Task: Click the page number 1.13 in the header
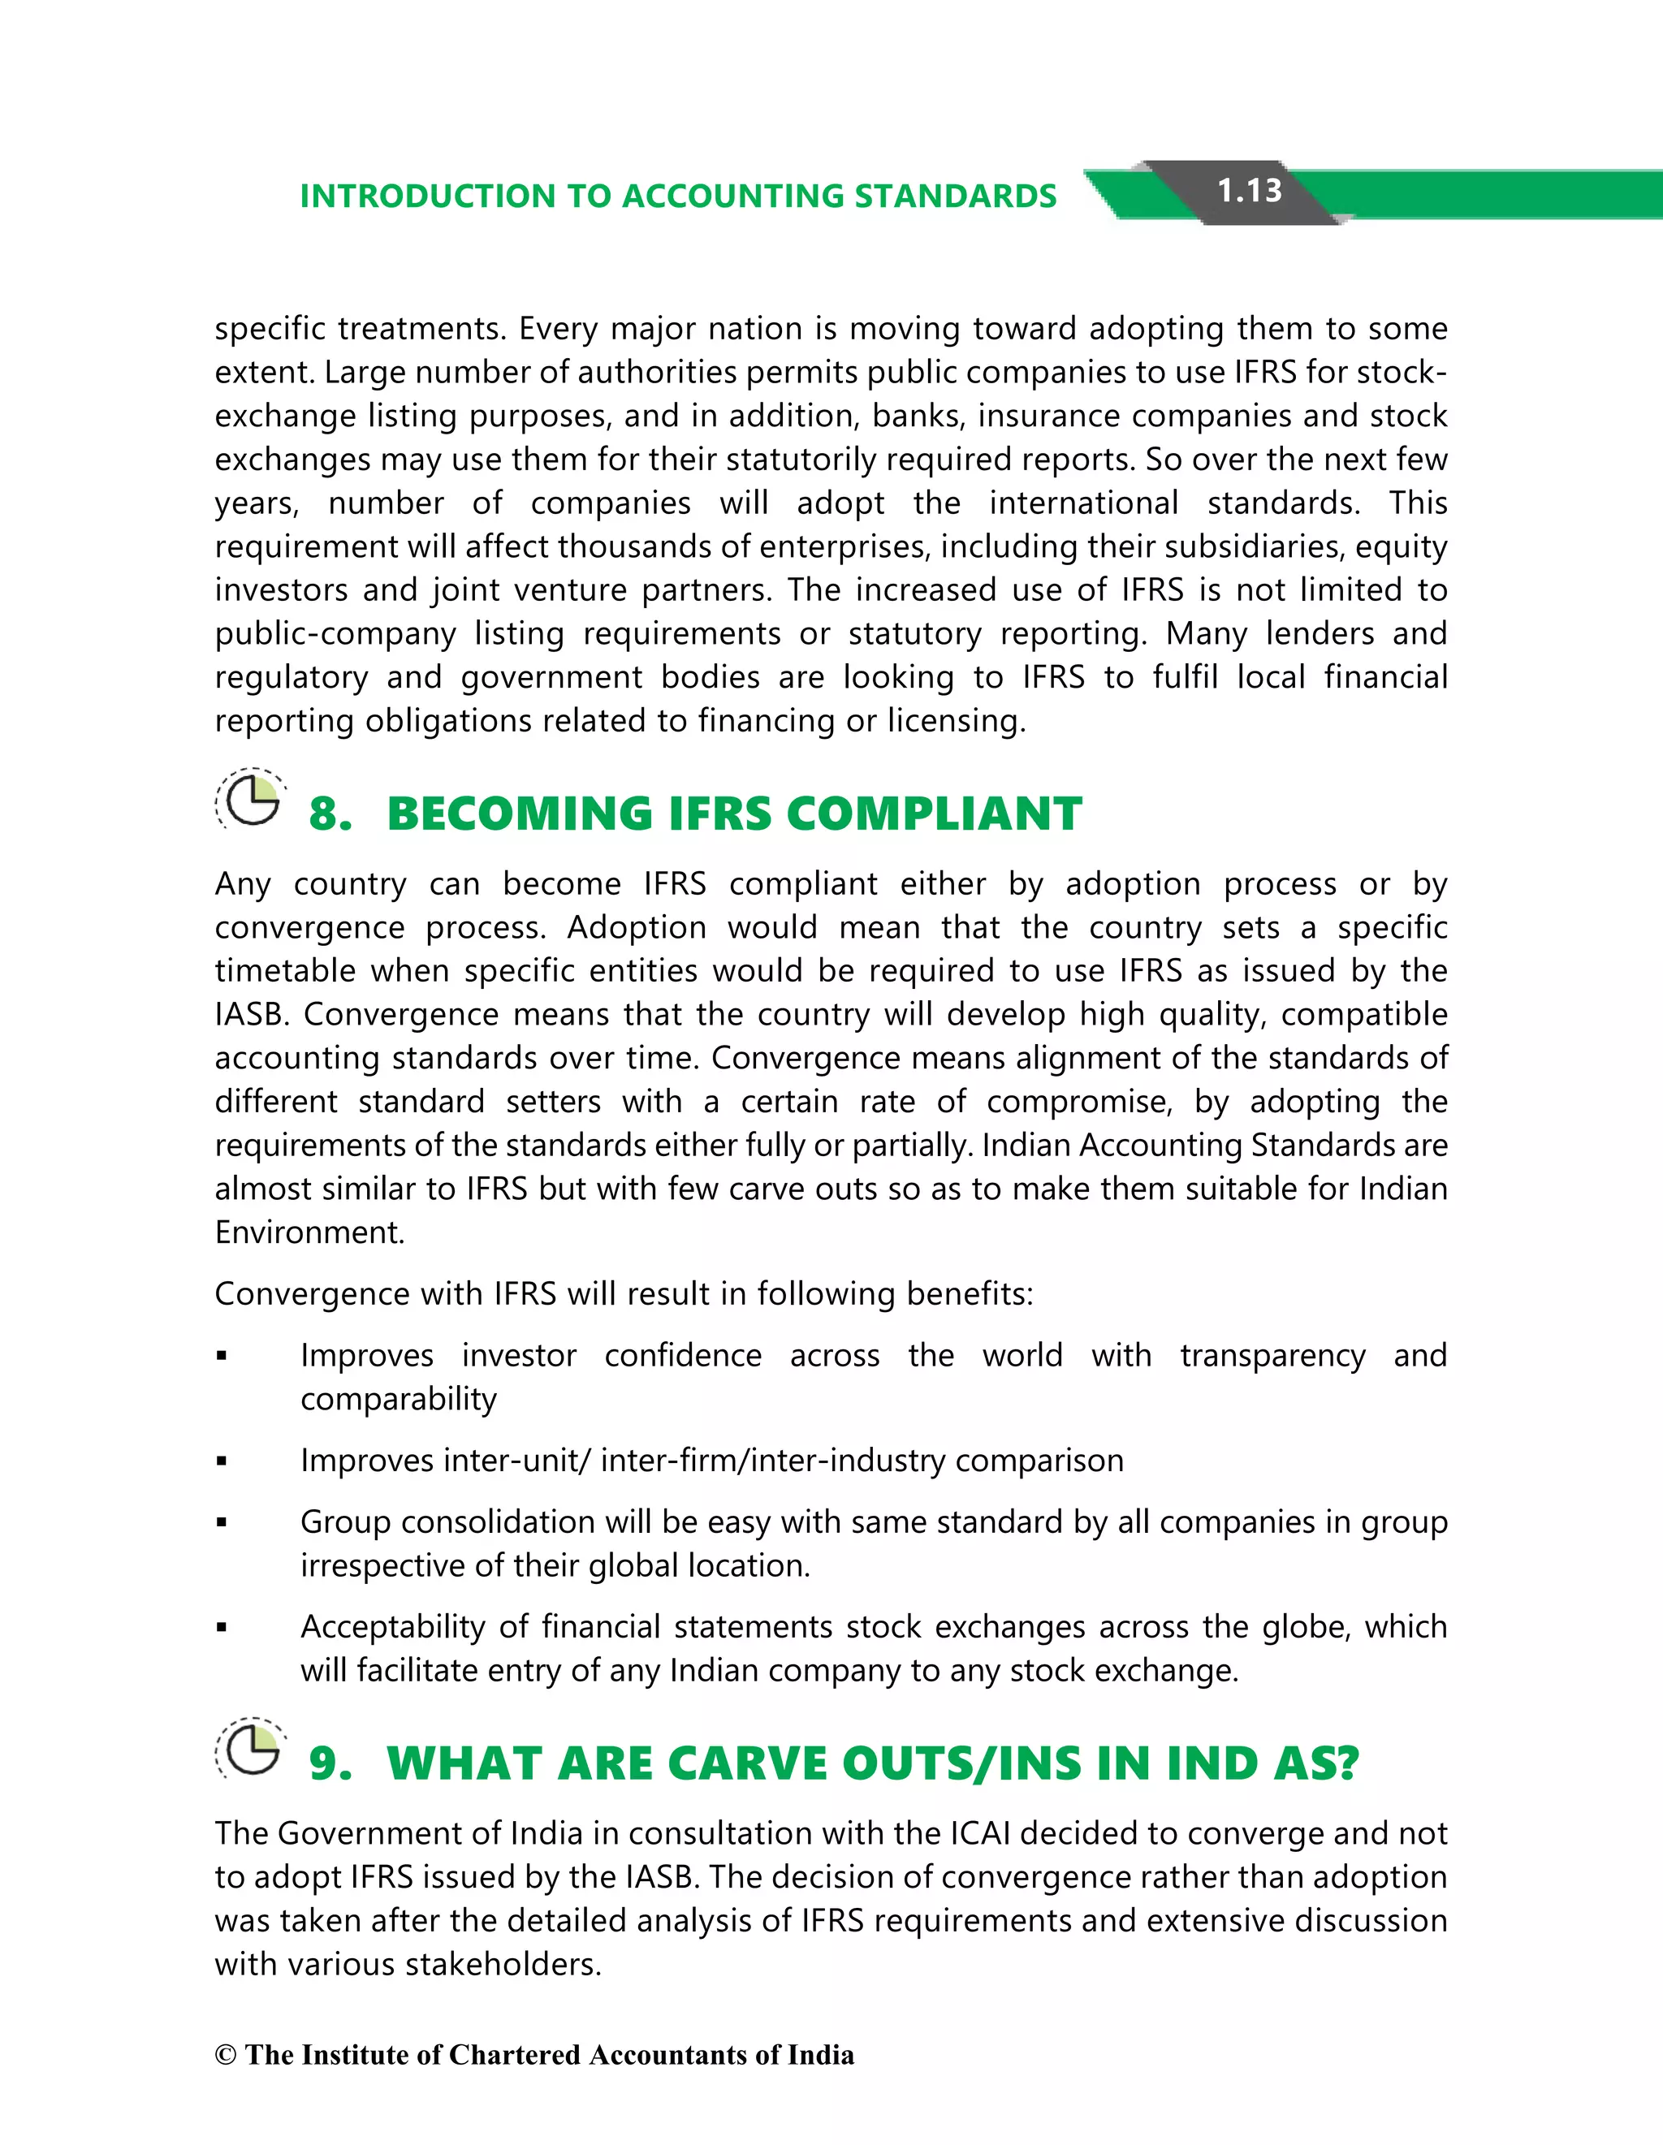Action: click(x=1249, y=191)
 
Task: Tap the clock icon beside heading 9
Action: click(x=252, y=1748)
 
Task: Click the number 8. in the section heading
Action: click(x=330, y=814)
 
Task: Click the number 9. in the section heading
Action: click(x=330, y=1764)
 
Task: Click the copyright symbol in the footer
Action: click(x=226, y=2055)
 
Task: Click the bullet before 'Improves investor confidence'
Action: click(x=222, y=1357)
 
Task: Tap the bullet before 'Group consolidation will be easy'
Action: click(x=222, y=1523)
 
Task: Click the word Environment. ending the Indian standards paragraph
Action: click(x=309, y=1232)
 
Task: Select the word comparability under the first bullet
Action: click(x=398, y=1400)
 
